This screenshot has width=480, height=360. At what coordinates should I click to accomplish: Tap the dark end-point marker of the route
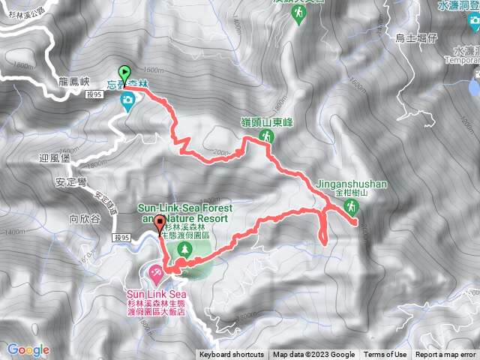(159, 223)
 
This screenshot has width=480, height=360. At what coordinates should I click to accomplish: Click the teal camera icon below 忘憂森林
(127, 100)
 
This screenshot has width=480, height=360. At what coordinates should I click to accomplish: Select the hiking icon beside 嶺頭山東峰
(265, 136)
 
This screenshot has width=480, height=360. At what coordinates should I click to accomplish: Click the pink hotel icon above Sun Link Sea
(156, 269)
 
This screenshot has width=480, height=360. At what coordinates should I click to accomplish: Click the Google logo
(28, 349)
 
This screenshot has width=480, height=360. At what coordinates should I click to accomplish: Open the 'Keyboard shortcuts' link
(231, 355)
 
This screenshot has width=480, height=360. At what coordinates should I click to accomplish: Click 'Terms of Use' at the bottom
(385, 355)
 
